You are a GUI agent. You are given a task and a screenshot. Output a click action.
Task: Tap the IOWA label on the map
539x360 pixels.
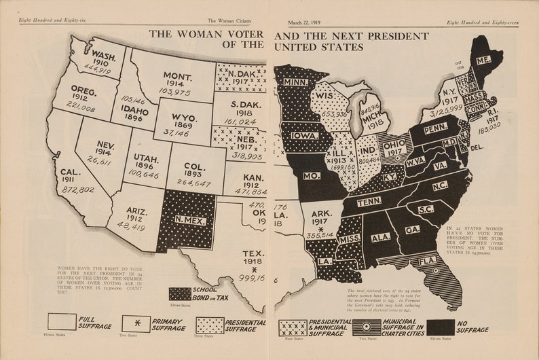304,136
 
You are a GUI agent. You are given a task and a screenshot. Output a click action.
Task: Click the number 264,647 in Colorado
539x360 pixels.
194,182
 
